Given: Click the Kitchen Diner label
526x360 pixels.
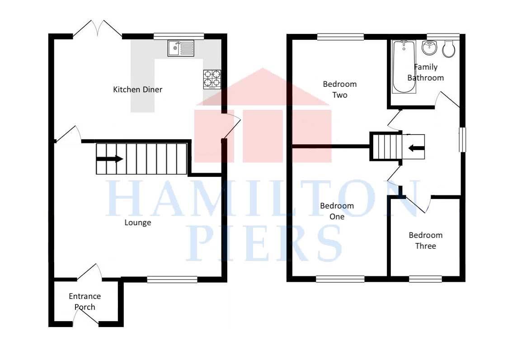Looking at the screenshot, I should coord(137,90).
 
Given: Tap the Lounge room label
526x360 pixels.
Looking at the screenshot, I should coord(138,223).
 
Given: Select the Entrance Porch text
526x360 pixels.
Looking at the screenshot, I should coord(85,302).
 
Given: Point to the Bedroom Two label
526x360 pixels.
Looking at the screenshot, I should coord(340,90).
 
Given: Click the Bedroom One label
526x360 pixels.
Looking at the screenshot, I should coord(337,211).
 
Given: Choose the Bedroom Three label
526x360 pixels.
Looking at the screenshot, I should coord(425,241).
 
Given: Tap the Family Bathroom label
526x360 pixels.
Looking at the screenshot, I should coord(426,72).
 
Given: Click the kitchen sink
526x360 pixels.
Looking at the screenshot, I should coord(181,48).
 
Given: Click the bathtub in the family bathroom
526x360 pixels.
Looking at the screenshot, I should coord(404,66).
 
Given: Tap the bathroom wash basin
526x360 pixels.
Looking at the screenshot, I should coord(429,47).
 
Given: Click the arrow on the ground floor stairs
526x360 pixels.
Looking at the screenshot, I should coord(110,159).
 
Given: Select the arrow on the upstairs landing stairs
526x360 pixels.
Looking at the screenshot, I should coord(416,148).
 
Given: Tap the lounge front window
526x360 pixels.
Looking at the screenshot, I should coord(172,279).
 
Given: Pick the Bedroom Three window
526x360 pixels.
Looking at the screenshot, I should coord(425,279).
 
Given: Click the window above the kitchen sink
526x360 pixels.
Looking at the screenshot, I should coord(178,36).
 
